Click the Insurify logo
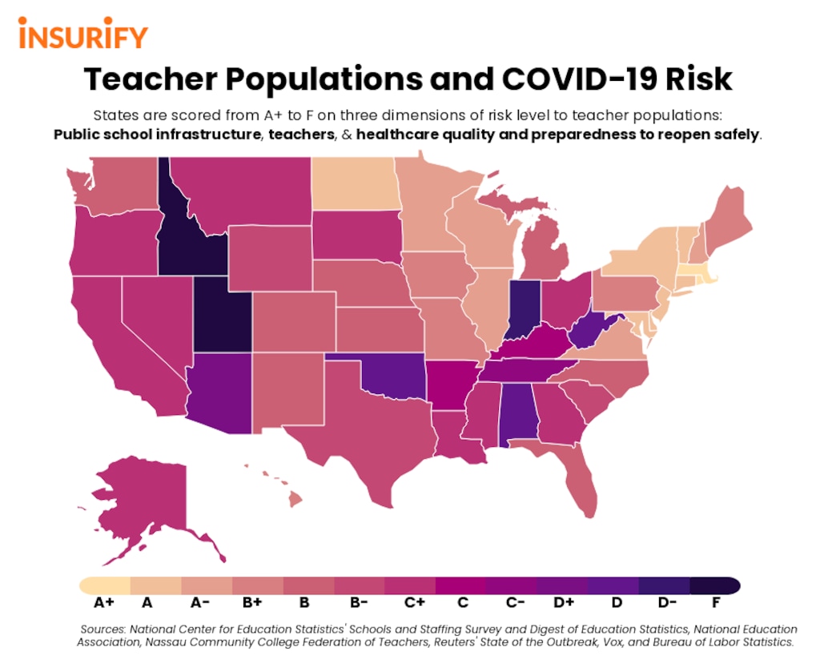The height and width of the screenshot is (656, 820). coord(82,37)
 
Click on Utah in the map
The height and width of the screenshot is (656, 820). coord(220,316)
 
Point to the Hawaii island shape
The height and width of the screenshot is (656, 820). coord(295,499)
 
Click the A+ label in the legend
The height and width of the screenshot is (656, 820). coord(104,602)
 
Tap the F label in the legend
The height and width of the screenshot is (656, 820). coord(714,602)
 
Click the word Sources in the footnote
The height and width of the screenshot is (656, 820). coord(107,630)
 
